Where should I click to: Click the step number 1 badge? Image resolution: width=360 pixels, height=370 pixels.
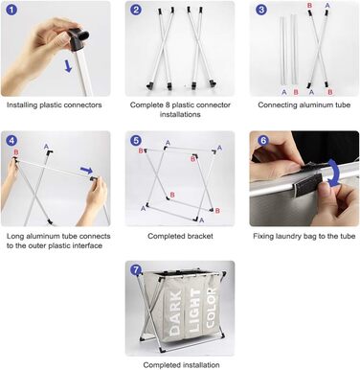(x=11, y=10)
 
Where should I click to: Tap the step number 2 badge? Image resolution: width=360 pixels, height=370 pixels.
(x=136, y=10)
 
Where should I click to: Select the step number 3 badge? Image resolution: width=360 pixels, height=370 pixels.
(x=261, y=10)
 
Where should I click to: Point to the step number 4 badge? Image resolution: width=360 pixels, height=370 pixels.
(x=11, y=141)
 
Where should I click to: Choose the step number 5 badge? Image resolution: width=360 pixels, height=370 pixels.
(x=136, y=141)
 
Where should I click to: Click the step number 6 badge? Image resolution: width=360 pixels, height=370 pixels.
(x=263, y=141)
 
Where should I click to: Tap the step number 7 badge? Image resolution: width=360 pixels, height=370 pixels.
(x=136, y=270)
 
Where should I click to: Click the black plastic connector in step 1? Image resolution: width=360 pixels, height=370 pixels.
(x=79, y=38)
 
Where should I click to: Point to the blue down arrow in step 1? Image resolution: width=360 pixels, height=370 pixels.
(x=68, y=65)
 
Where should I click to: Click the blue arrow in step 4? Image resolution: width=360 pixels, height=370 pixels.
(x=86, y=170)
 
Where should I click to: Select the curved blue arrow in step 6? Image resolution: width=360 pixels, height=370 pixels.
(x=334, y=173)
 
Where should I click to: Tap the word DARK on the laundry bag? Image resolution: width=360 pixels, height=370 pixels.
(x=176, y=312)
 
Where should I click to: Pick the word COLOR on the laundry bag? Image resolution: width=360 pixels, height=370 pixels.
(x=212, y=308)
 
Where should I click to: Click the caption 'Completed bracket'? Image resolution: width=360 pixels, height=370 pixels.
(x=180, y=236)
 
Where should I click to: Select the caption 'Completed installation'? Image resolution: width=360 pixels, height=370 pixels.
(x=181, y=365)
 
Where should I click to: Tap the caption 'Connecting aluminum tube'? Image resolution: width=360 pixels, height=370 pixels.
(x=304, y=104)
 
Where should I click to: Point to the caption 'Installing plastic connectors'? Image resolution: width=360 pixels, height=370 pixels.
(x=55, y=104)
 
